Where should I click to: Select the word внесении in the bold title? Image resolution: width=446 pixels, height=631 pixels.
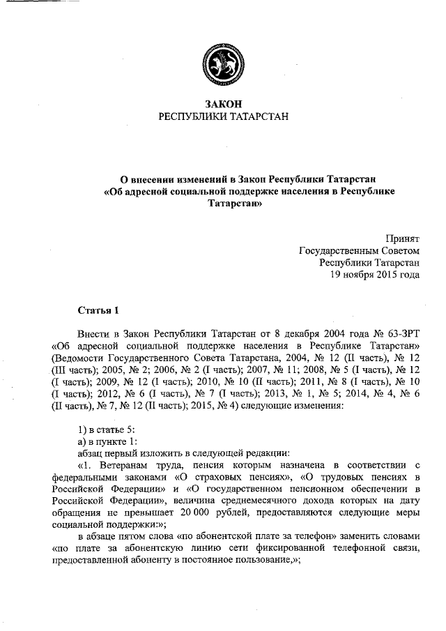point(150,178)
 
